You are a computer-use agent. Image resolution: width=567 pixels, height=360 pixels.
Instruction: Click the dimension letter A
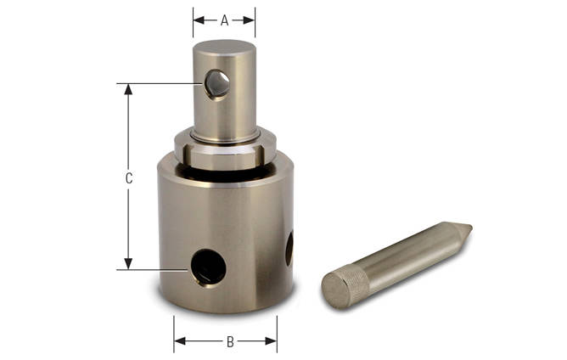tap(224, 20)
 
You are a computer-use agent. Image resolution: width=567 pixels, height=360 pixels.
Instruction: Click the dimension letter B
tap(229, 342)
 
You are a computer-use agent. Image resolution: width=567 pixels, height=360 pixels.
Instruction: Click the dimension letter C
tap(128, 178)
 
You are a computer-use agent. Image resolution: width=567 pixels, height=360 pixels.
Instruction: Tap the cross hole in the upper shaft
tap(217, 83)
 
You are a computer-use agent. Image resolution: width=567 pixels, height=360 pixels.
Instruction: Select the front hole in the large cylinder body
tap(208, 268)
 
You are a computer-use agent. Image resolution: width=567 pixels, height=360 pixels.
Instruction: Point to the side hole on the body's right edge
tap(289, 248)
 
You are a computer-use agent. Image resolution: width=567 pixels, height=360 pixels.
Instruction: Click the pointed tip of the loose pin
tap(467, 228)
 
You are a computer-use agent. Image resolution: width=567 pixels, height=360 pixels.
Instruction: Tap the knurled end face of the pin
tap(336, 290)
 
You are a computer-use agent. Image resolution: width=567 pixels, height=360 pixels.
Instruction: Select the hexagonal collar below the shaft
tap(225, 154)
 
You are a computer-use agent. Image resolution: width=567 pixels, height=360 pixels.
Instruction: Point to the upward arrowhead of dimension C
tap(128, 88)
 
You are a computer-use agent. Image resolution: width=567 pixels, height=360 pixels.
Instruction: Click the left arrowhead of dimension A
tap(197, 20)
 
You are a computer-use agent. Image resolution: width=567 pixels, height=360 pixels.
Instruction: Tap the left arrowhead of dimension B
tap(178, 342)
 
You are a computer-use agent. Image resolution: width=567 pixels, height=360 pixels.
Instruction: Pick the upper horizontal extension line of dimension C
tap(161, 83)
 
